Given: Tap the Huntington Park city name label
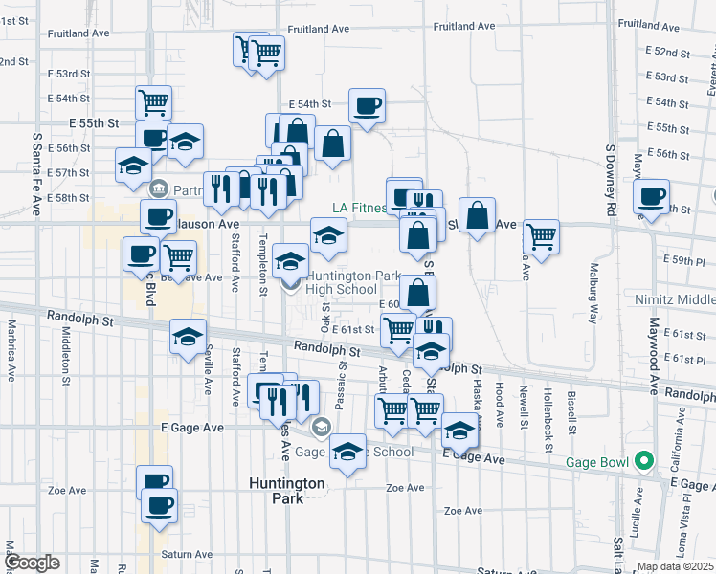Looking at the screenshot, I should pyautogui.click(x=288, y=490).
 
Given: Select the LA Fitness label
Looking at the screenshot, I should pyautogui.click(x=359, y=208).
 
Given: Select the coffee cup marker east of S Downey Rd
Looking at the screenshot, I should pyautogui.click(x=652, y=197).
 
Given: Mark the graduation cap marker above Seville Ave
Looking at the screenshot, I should pyautogui.click(x=189, y=336).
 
